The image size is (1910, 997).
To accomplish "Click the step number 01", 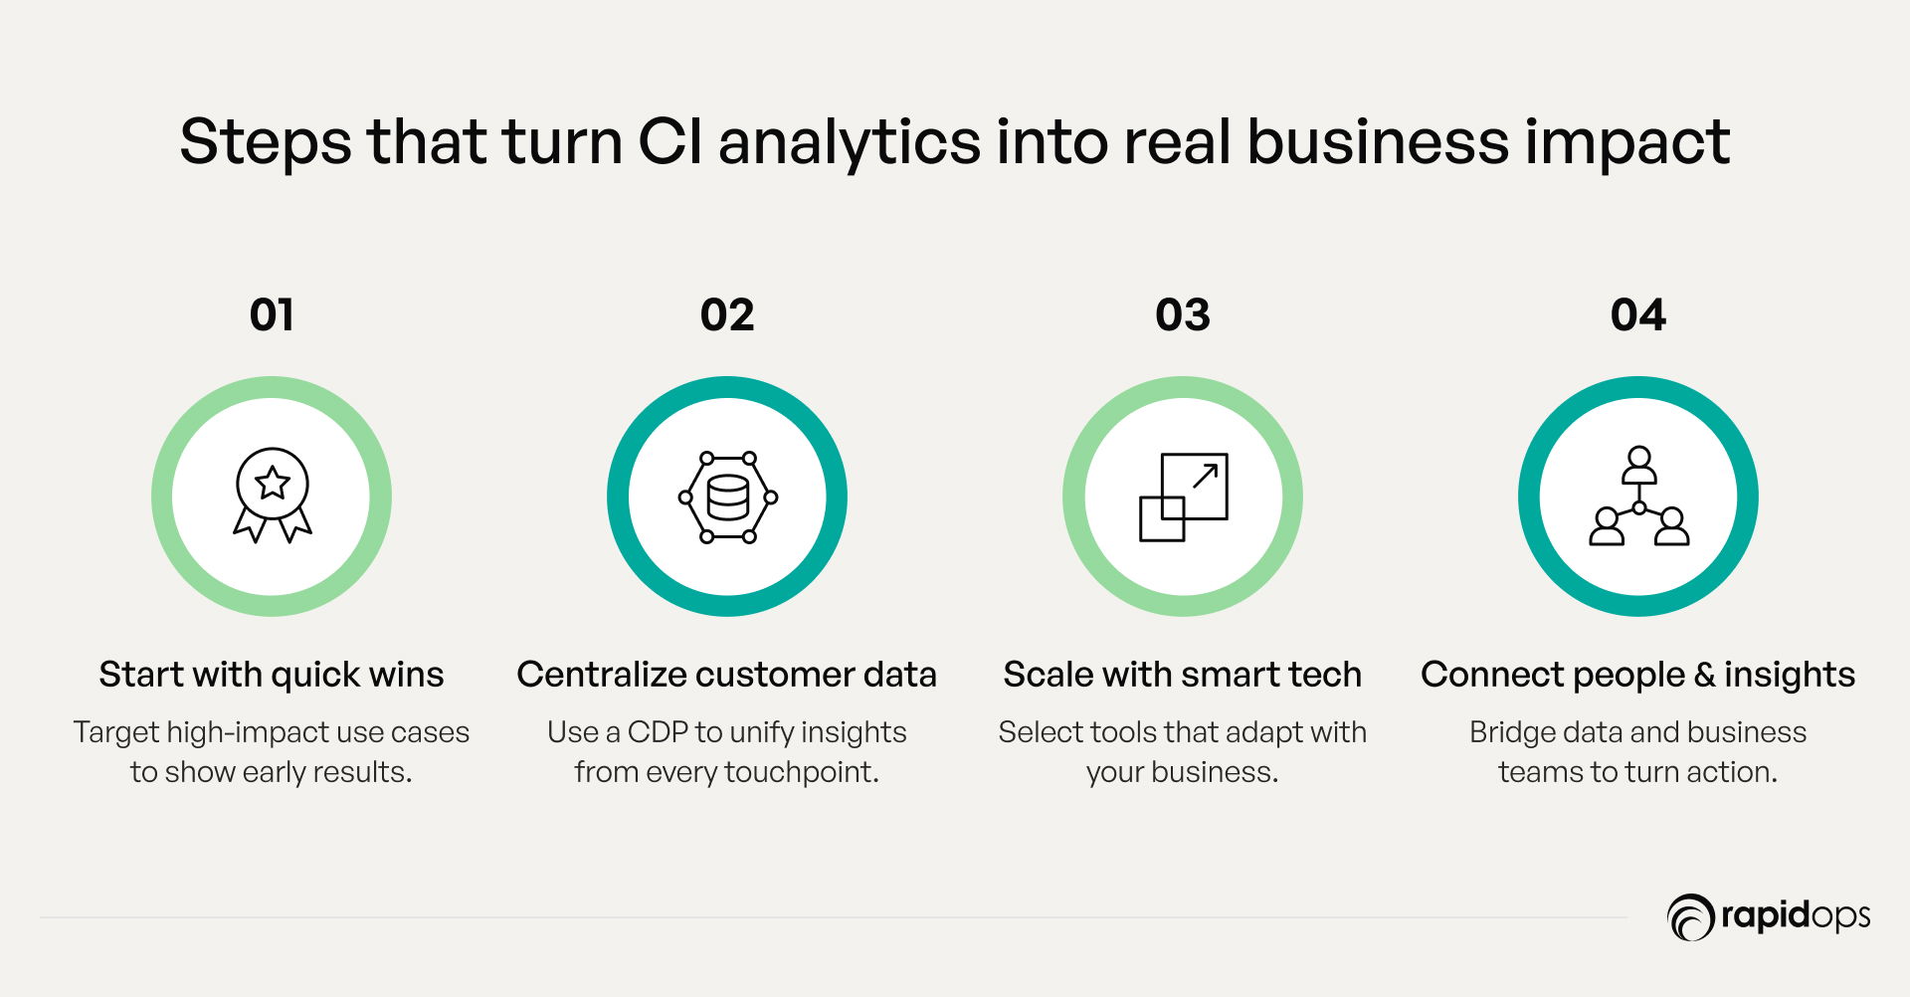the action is pyautogui.click(x=272, y=315).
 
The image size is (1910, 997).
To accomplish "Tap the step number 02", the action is pyautogui.click(x=727, y=315).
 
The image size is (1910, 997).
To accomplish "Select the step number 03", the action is pyautogui.click(x=1183, y=315).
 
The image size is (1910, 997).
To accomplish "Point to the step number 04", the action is pyautogui.click(x=1638, y=315).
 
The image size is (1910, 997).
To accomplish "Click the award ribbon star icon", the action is pyautogui.click(x=272, y=495).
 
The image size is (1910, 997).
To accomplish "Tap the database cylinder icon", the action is pyautogui.click(x=728, y=498).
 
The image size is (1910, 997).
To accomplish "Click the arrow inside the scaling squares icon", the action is pyautogui.click(x=1205, y=476).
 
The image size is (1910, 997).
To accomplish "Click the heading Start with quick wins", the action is pyautogui.click(x=272, y=675).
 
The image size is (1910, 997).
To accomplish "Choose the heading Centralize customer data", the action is pyautogui.click(x=727, y=675).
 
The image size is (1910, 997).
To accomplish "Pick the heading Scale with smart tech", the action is pyautogui.click(x=1183, y=675).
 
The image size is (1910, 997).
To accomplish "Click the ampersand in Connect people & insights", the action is pyautogui.click(x=1705, y=675).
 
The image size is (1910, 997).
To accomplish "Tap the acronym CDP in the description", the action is pyautogui.click(x=658, y=732).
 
